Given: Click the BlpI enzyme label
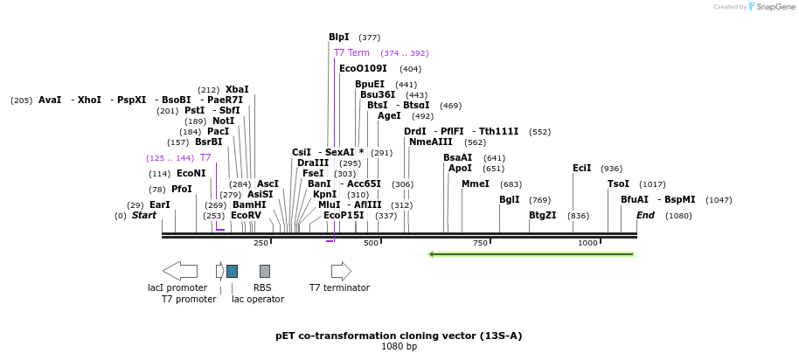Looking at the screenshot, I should coord(338,38).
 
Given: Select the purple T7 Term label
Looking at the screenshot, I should coord(351,53).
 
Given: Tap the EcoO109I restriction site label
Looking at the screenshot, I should coord(363,69).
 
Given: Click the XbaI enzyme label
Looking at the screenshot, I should coord(237,90).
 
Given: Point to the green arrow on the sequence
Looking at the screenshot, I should coord(531,254).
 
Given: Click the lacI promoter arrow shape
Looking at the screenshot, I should coord(179,271).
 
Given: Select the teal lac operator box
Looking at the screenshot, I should coord(232,271).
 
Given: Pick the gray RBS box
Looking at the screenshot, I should coord(264,271).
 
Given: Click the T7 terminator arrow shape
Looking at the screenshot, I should coord(341,271).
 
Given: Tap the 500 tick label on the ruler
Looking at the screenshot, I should coord(371,243).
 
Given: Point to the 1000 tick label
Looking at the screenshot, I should coord(587,243).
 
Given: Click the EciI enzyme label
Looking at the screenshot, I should coord(581,169).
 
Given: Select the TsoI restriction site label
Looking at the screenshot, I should coord(618,184).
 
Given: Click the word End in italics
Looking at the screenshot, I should coord(645,216).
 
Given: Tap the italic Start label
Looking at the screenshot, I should coord(144,216).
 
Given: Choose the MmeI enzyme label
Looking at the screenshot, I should coord(476,184).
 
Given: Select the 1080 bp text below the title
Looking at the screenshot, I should coord(399,347).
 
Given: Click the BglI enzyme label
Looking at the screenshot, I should coord(509,200).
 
